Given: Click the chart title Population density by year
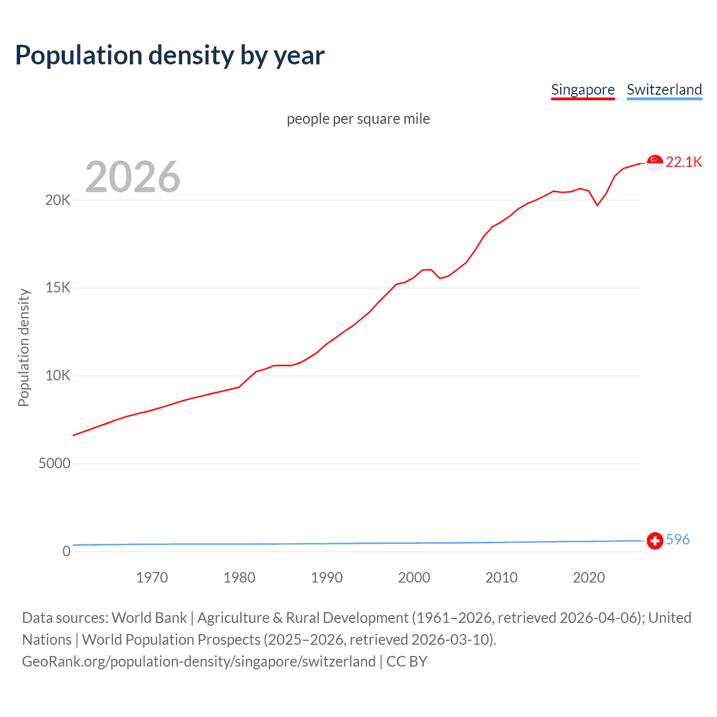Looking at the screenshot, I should click(170, 55).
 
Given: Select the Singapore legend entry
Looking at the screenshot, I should click(583, 90).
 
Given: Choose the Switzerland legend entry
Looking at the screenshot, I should click(664, 90).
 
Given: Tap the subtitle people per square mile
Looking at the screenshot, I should click(358, 119).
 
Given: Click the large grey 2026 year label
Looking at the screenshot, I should click(133, 177).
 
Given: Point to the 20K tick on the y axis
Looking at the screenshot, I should click(58, 200).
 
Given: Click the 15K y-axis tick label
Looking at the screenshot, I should click(58, 288).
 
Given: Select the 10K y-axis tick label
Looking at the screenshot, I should click(58, 376).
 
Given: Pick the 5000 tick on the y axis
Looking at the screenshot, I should click(54, 464).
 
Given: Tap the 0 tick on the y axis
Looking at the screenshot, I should click(66, 552).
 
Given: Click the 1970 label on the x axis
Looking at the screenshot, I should click(152, 578).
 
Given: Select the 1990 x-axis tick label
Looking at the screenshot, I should click(327, 578).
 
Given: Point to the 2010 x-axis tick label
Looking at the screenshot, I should click(501, 578).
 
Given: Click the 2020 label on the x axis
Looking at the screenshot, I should click(589, 578).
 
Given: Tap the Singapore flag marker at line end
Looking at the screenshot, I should click(655, 162).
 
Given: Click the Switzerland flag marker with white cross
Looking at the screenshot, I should click(655, 541).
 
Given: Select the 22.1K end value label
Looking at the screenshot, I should click(684, 162).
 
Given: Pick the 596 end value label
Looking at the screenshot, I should click(678, 539).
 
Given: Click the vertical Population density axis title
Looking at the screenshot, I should click(24, 347).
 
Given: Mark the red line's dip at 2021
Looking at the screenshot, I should click(597, 205).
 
